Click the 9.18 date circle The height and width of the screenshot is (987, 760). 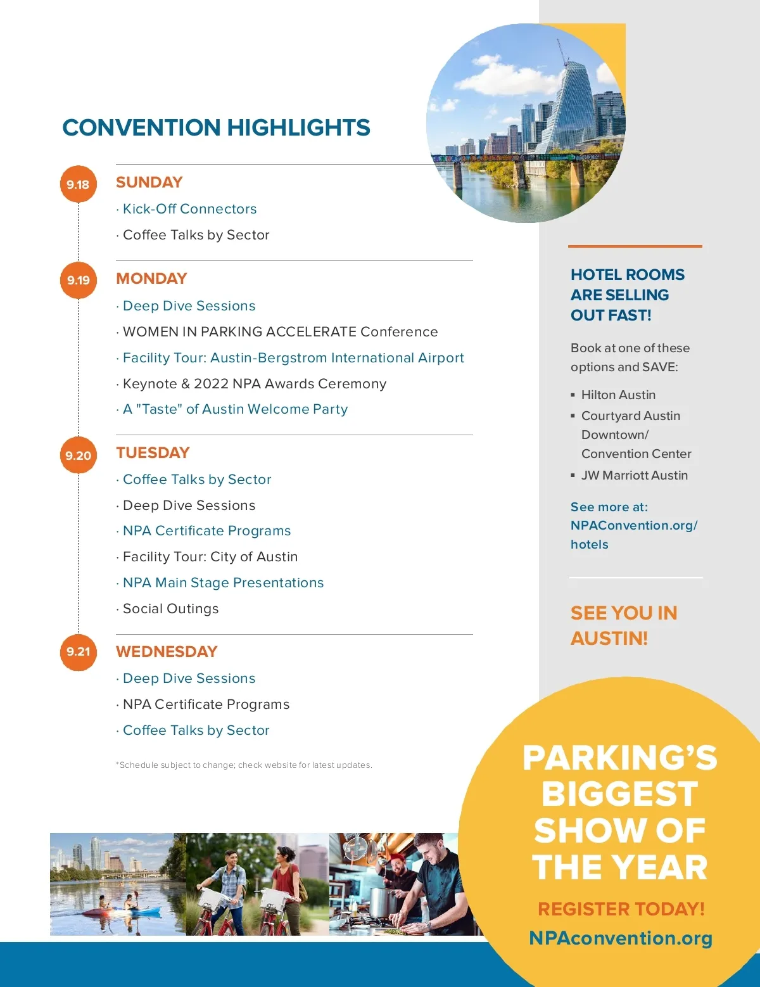tap(78, 184)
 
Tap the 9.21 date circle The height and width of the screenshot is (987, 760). tap(78, 651)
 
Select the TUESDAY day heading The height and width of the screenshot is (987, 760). tap(153, 453)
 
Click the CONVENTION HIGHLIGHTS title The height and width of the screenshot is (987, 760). tap(216, 128)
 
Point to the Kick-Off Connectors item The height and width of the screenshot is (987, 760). tap(189, 209)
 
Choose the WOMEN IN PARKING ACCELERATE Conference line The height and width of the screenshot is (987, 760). tap(280, 332)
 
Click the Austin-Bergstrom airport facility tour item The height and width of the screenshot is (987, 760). tap(293, 358)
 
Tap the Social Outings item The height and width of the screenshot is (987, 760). tap(170, 609)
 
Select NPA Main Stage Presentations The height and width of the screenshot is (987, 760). tap(223, 583)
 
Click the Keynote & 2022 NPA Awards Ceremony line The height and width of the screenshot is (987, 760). tap(254, 384)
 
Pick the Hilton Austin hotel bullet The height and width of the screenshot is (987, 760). tap(618, 395)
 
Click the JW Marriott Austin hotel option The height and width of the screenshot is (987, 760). tap(634, 475)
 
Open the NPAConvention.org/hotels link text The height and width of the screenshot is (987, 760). tap(633, 526)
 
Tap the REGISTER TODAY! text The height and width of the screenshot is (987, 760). tap(621, 909)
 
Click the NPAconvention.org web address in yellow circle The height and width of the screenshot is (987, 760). tap(621, 938)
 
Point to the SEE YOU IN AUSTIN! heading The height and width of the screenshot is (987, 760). tap(624, 625)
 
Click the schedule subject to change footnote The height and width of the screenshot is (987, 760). tap(244, 765)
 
